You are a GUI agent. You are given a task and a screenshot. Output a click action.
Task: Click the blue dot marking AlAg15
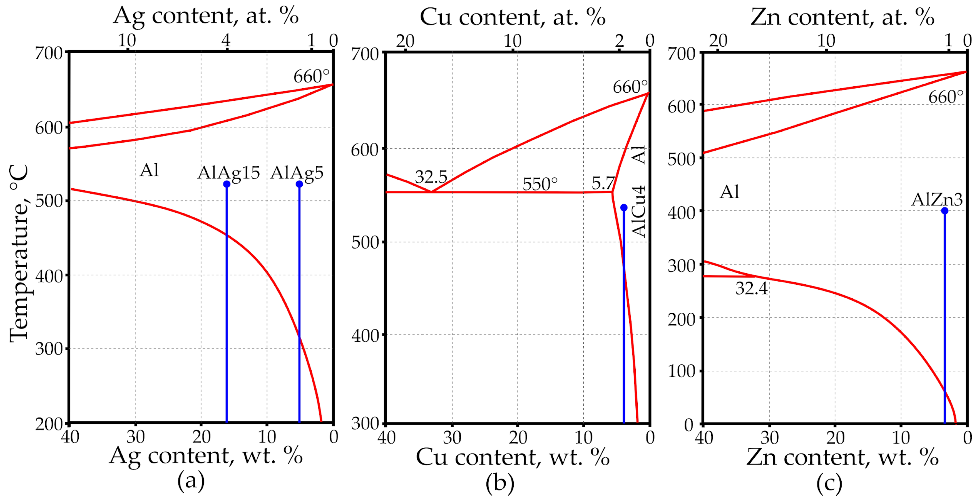coord(226,184)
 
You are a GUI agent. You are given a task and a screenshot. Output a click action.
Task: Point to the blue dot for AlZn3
coord(945,211)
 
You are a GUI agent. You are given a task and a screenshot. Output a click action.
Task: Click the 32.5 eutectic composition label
coord(431,177)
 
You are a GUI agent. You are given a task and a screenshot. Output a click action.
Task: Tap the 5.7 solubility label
coord(603,183)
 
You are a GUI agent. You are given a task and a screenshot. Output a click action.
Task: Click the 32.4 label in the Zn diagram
coord(751,288)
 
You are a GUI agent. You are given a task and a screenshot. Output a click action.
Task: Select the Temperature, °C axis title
coord(19,253)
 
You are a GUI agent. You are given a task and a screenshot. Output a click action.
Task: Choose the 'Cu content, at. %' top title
coord(512,17)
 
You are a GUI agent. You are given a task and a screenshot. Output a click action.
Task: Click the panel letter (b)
coord(500,483)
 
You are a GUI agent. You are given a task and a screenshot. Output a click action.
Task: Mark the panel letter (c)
coord(829,483)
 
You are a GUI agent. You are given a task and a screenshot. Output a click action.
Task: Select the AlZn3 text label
coord(937,200)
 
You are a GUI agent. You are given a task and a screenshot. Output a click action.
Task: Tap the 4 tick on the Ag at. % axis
coord(226,40)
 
